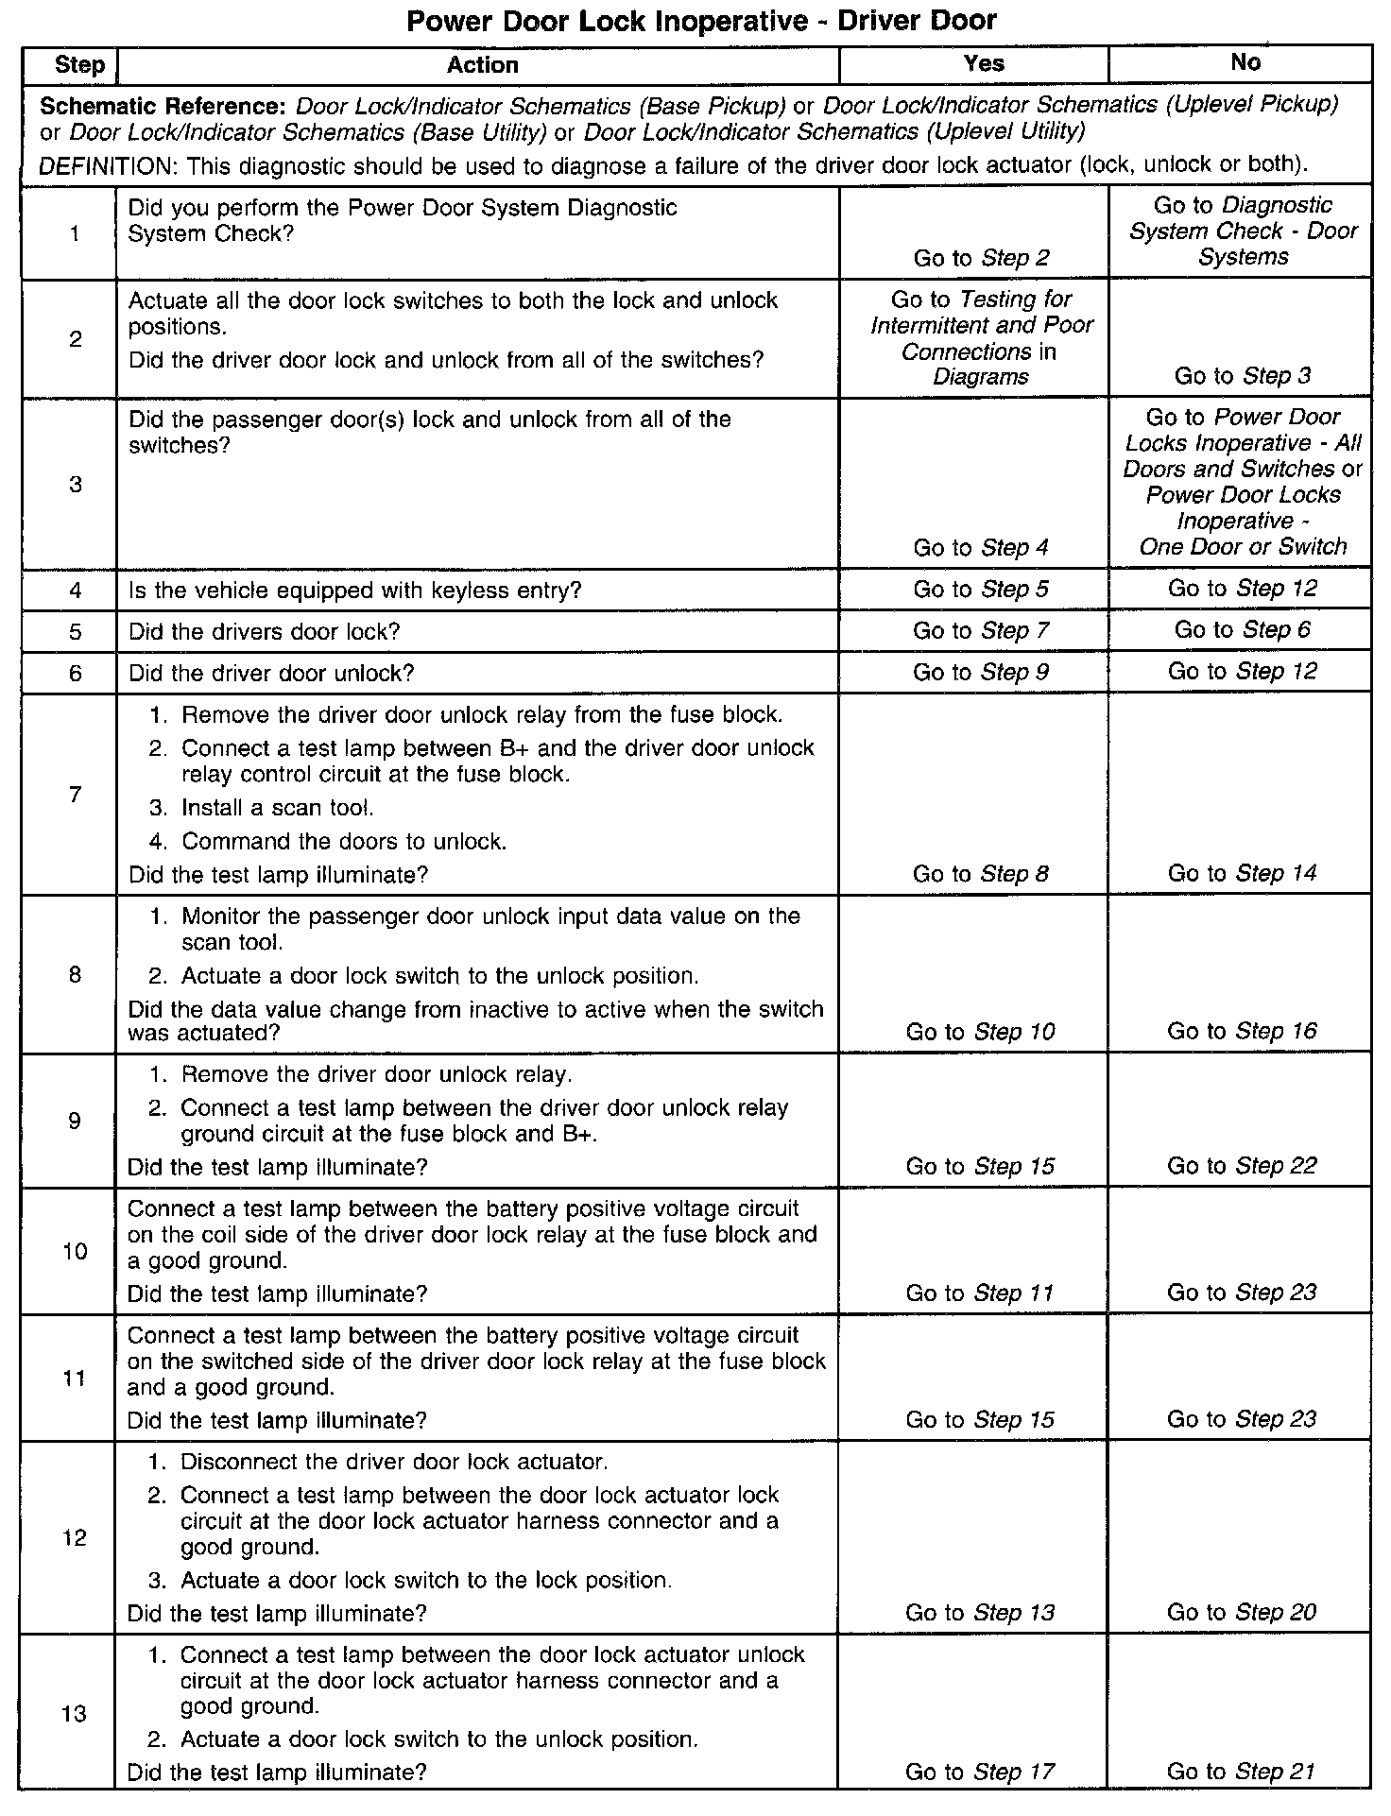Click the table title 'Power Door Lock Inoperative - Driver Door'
[701, 21]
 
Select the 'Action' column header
[482, 65]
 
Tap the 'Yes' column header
[983, 63]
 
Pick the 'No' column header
[1245, 62]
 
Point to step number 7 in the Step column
[76, 795]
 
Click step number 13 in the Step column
[75, 1714]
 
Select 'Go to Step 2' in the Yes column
[981, 259]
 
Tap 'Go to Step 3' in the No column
[1242, 376]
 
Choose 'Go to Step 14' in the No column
[1242, 874]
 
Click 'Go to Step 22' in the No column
[1242, 1166]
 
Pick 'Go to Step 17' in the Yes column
[980, 1773]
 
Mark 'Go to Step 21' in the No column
[1242, 1773]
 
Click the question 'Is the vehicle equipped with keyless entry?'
[354, 591]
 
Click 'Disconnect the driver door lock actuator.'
[394, 1463]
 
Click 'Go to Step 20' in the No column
[1242, 1613]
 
